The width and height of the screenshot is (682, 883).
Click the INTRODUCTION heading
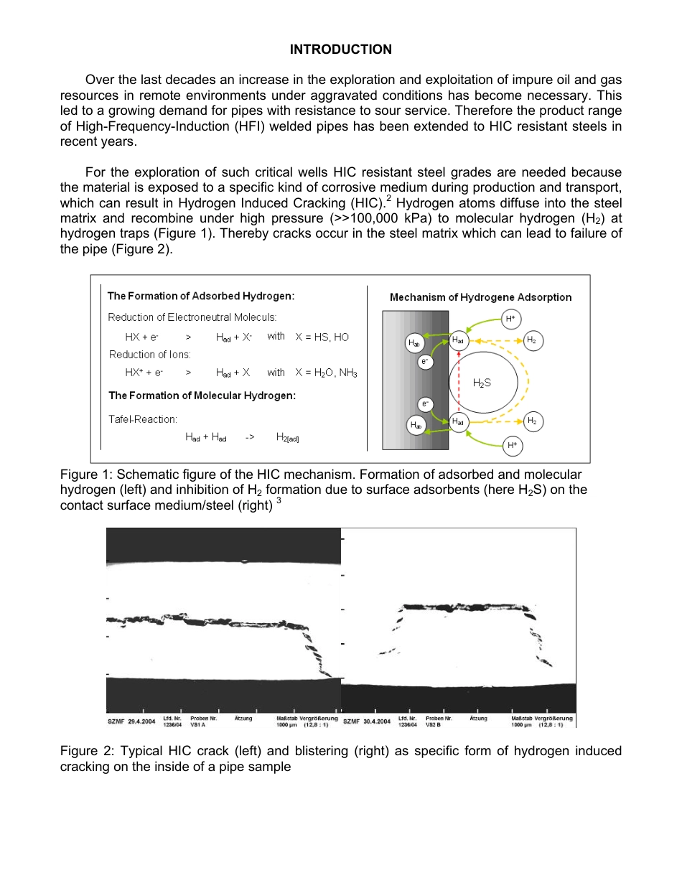coord(340,49)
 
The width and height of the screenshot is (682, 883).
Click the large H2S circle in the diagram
coord(482,382)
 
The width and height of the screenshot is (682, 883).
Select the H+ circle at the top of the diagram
coord(510,318)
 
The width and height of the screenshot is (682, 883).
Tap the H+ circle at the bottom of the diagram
coord(512,445)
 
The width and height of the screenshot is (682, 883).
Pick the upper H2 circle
coord(531,340)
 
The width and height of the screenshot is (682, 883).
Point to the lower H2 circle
coord(531,421)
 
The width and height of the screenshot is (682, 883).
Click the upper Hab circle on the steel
coord(414,343)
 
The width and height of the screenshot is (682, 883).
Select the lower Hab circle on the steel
coord(414,425)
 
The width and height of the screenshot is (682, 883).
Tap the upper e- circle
coord(425,362)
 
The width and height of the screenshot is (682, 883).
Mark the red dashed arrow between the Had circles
coord(458,380)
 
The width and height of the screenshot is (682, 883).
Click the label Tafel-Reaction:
coord(143,419)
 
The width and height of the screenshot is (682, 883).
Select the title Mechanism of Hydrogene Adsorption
coord(480,297)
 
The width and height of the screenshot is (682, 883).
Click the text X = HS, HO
coord(322,337)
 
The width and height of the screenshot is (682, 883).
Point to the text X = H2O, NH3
coord(326,373)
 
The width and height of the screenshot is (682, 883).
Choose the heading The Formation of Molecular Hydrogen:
coord(202,396)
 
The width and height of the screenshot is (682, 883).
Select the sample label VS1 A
coord(198,724)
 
